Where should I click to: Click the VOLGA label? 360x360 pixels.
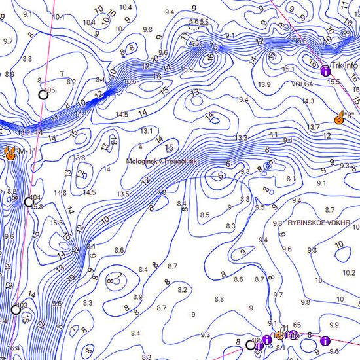coord(302,83)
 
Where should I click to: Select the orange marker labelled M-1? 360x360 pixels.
coord(10,153)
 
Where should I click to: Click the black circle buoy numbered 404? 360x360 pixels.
coord(28,202)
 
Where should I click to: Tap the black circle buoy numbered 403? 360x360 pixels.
coord(15,310)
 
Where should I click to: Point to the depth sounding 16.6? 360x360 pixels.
coord(129,82)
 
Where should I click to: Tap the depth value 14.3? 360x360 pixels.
coord(308,101)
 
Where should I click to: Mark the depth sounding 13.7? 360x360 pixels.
coord(313,126)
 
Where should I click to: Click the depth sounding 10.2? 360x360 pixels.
coord(348,273)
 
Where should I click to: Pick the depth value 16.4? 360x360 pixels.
coord(13,348)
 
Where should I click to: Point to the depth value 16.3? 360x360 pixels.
coord(300,41)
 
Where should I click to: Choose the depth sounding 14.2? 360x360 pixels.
coord(24,133)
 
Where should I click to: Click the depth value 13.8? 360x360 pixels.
coord(80,158)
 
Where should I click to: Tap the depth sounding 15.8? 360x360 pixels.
coord(37,207)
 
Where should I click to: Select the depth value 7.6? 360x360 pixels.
coord(162,192)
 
